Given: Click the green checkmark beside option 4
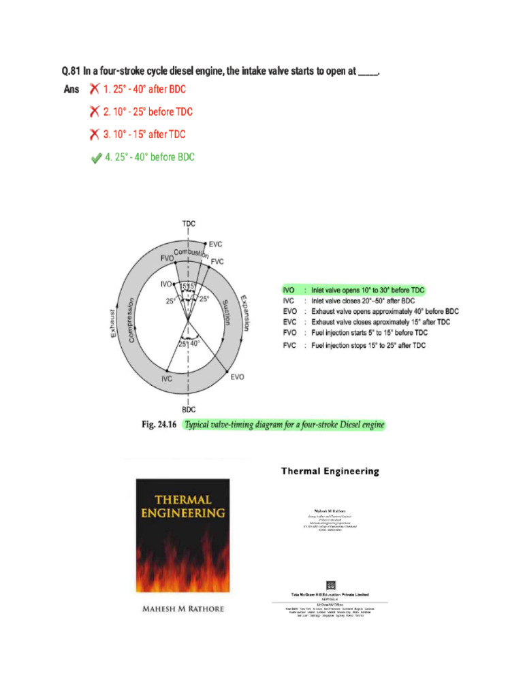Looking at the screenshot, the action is click(97, 158).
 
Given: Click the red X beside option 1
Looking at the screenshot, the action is click(95, 89).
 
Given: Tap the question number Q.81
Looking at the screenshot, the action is click(71, 71).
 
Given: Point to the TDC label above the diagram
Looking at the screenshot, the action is click(189, 223).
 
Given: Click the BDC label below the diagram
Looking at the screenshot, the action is click(189, 409).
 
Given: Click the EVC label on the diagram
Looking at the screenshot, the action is click(215, 244).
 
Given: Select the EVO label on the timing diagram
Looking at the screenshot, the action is click(238, 376).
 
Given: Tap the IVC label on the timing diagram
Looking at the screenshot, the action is click(166, 378).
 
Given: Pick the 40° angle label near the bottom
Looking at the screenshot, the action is click(196, 344).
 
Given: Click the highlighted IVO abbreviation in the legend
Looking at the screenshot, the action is click(289, 290).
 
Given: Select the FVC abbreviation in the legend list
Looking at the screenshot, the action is click(289, 346).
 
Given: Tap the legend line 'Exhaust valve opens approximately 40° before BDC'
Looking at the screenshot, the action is click(385, 311).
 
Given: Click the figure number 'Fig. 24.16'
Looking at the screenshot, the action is click(159, 425).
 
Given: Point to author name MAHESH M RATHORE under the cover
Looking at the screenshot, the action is click(183, 609).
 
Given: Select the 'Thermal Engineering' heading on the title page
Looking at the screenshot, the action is click(330, 471).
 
